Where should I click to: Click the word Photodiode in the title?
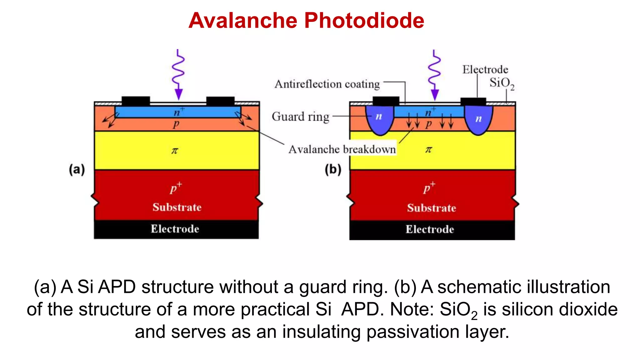[364, 21]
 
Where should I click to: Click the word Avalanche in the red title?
[243, 21]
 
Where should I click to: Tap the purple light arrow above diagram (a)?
[179, 75]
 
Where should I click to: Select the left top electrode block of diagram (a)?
[136, 101]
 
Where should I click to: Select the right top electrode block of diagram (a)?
[220, 101]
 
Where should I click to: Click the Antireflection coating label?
[327, 84]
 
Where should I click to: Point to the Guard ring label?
[300, 117]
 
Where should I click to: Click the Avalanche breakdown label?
[342, 149]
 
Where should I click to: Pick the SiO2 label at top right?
[502, 83]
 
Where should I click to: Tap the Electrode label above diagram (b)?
[485, 69]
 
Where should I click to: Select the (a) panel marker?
[77, 170]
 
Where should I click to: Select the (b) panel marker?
[333, 170]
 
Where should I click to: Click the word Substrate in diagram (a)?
[177, 207]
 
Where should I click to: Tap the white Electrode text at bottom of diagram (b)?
[430, 229]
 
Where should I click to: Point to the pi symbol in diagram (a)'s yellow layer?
[175, 151]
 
